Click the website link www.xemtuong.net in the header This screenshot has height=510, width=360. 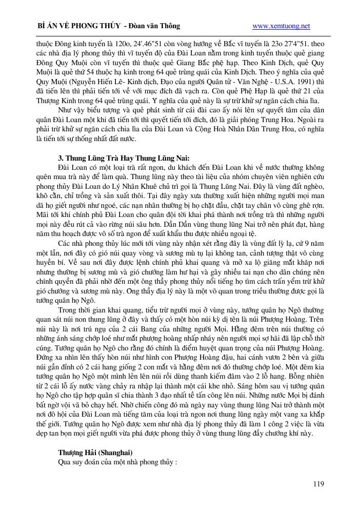point(282,26)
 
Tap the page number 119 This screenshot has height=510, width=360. point(318,484)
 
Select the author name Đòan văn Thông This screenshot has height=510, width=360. point(156,26)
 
